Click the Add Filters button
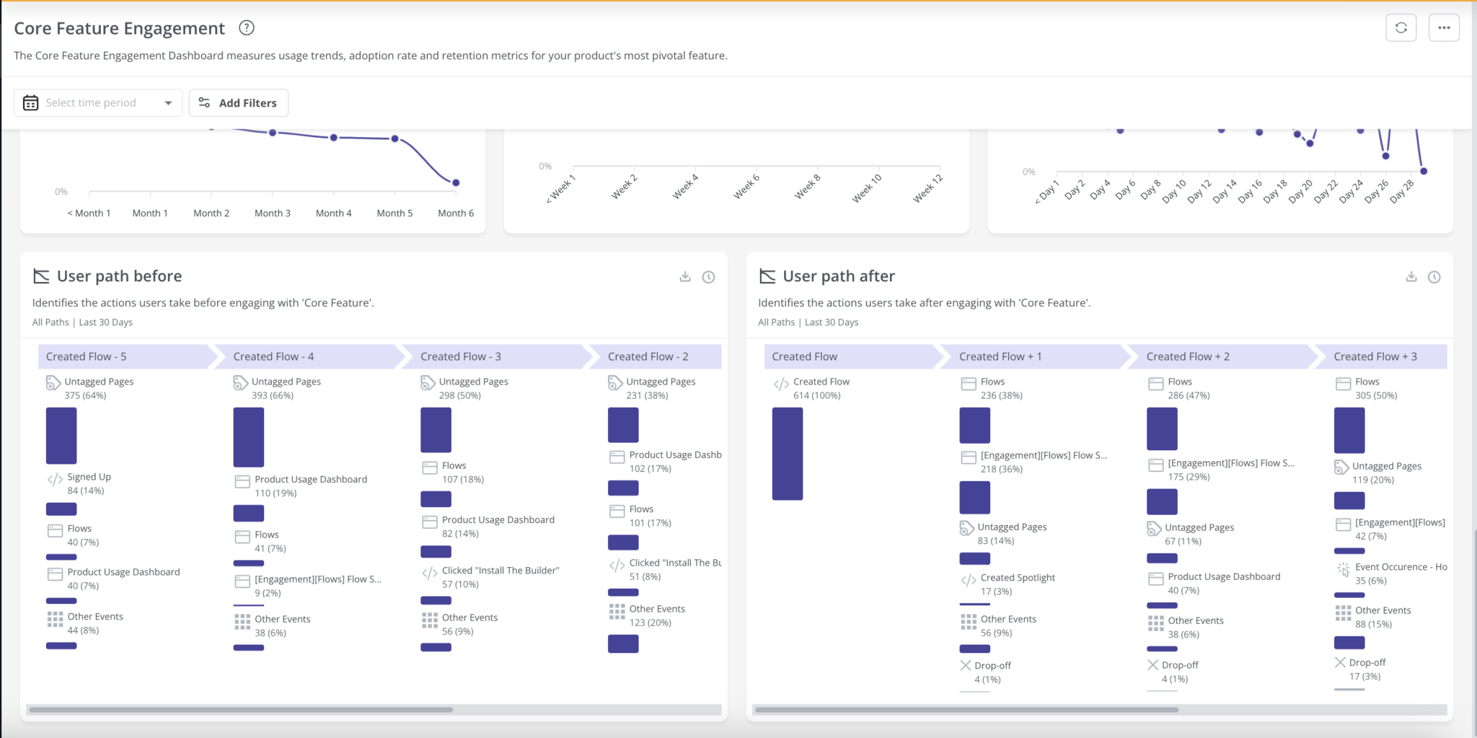[x=239, y=103]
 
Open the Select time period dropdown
[x=98, y=103]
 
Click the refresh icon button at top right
[x=1401, y=28]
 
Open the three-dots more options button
[x=1444, y=28]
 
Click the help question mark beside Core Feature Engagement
[x=247, y=28]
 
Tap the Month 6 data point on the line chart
[x=456, y=183]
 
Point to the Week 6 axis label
[x=746, y=188]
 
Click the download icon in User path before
[x=685, y=277]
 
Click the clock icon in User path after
[x=1434, y=277]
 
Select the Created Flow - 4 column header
[x=273, y=356]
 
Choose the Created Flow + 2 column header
[x=1188, y=356]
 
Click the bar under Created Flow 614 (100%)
[x=787, y=453]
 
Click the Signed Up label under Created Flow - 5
[x=89, y=477]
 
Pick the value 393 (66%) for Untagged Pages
[x=273, y=395]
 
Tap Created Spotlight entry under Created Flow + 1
[x=1017, y=578]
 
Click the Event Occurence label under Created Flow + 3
[x=1400, y=567]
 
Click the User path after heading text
[x=838, y=276]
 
